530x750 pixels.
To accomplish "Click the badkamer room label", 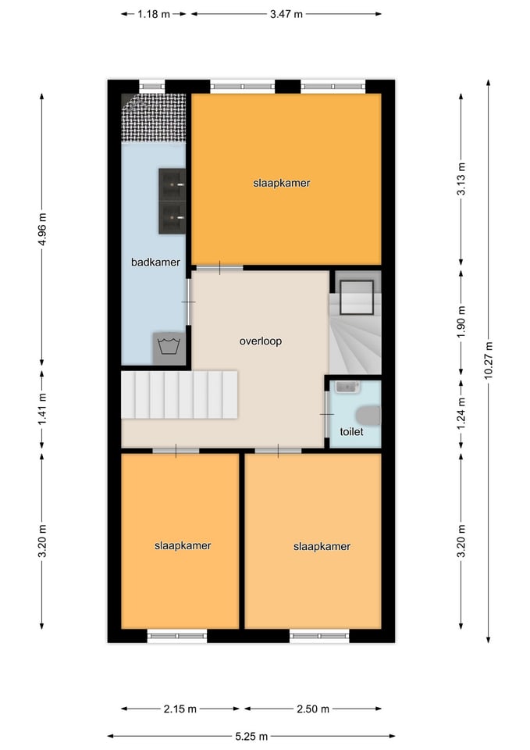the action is point(155,262).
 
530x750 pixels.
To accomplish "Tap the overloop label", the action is point(261,341).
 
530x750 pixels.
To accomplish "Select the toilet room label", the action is point(351,431).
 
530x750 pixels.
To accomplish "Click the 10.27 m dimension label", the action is point(488,361).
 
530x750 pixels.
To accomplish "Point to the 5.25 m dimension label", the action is point(251,736).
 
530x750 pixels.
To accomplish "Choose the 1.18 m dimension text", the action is point(154,14).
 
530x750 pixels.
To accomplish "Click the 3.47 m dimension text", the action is point(286,14).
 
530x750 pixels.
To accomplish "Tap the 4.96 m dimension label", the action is point(42,229).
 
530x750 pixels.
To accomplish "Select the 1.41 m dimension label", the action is point(42,409).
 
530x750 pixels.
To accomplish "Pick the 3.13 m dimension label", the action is point(461,179).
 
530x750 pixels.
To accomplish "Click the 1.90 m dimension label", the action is point(461,321).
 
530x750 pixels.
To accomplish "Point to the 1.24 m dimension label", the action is point(461,414).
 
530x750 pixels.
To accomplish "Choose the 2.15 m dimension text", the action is point(180,709).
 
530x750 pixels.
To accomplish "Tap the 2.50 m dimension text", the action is point(313,709).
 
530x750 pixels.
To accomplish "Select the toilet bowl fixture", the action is point(369,415).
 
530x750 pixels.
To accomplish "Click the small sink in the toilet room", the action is point(347,387).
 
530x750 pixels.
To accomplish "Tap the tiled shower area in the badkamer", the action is point(154,118).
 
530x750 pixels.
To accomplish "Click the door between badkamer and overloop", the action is point(188,302).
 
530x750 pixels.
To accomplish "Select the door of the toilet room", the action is point(327,414).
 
